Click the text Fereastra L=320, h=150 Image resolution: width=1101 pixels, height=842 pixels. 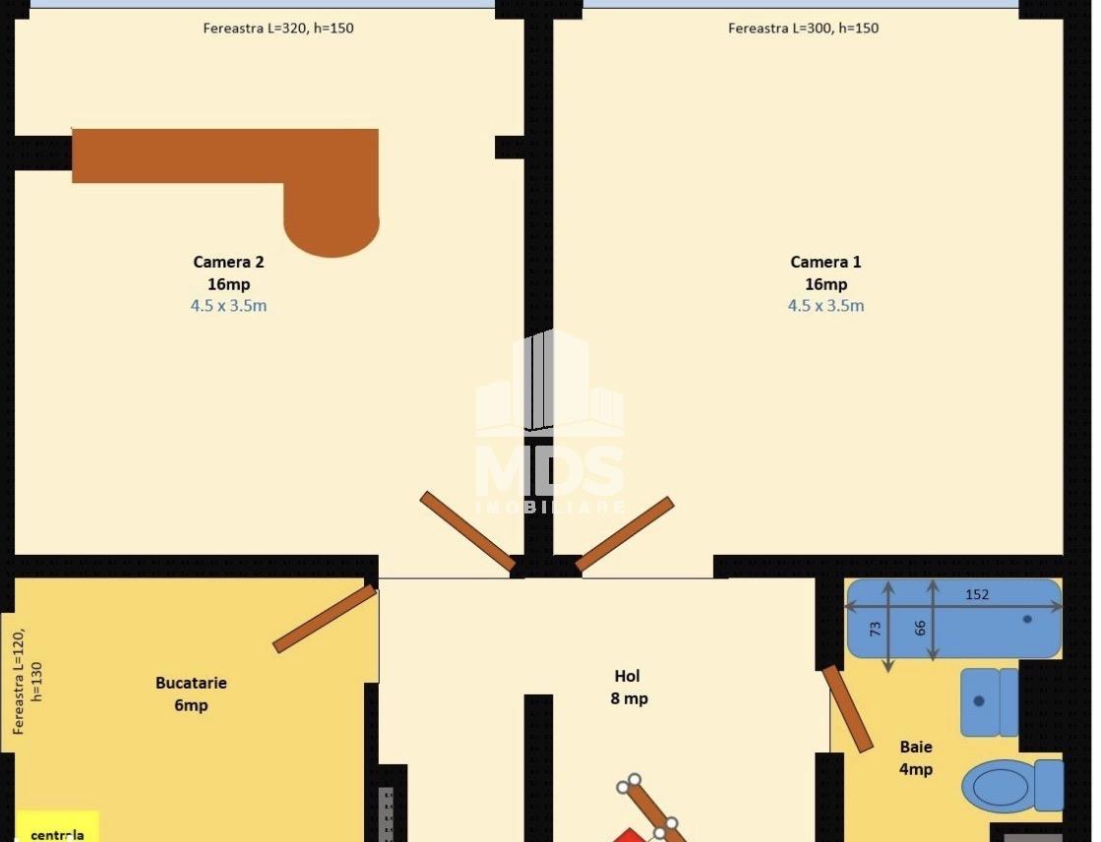tap(278, 29)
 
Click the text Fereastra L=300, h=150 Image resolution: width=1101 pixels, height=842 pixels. tap(803, 29)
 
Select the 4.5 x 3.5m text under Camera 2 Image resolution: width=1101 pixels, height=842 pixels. tap(228, 306)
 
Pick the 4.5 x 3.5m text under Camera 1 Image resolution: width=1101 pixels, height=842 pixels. tap(826, 306)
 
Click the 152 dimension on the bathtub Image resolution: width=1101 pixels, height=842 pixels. tap(977, 595)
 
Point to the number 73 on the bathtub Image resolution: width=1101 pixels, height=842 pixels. tap(876, 629)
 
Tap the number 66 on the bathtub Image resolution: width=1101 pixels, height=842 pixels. tap(920, 628)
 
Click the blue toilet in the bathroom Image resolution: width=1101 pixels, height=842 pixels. tap(1012, 785)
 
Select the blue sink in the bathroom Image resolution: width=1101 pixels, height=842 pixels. tap(990, 701)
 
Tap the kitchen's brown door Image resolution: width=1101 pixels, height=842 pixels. tap(325, 619)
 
